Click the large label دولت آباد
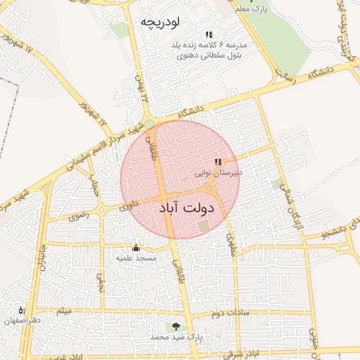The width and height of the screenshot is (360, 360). click(186, 208)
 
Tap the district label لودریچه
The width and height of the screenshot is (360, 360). click(161, 22)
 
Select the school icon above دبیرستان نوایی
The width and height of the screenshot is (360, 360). click(218, 162)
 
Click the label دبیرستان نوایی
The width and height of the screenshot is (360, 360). click(218, 172)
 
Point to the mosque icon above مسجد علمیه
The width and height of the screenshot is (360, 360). click(136, 247)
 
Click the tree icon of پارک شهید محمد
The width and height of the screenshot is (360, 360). click(175, 326)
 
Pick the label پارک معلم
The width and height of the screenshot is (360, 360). click(253, 8)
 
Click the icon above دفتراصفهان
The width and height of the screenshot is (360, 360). click(22, 310)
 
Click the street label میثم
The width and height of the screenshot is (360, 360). click(64, 310)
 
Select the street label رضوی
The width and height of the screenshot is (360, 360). click(79, 215)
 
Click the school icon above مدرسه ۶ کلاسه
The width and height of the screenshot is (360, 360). click(209, 34)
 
